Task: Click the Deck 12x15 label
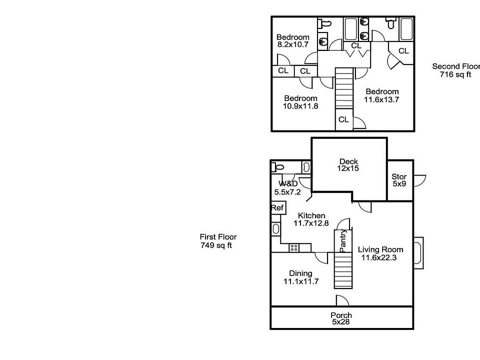[348, 164]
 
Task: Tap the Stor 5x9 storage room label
[399, 180]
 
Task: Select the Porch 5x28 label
[341, 318]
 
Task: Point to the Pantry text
[343, 240]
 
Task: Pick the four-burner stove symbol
[294, 247]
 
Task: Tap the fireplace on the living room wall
[418, 253]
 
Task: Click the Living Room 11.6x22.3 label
[380, 253]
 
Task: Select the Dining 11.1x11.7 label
[301, 277]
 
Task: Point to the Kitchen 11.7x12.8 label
[311, 219]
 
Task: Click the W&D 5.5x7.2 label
[287, 188]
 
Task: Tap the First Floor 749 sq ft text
[218, 241]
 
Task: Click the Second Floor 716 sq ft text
[456, 70]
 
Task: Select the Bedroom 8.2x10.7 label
[292, 40]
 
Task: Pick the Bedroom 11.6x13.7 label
[381, 95]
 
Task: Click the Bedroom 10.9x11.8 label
[300, 102]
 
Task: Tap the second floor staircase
[344, 88]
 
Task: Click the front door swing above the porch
[342, 300]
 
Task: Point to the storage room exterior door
[419, 180]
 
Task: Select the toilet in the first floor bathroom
[278, 167]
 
